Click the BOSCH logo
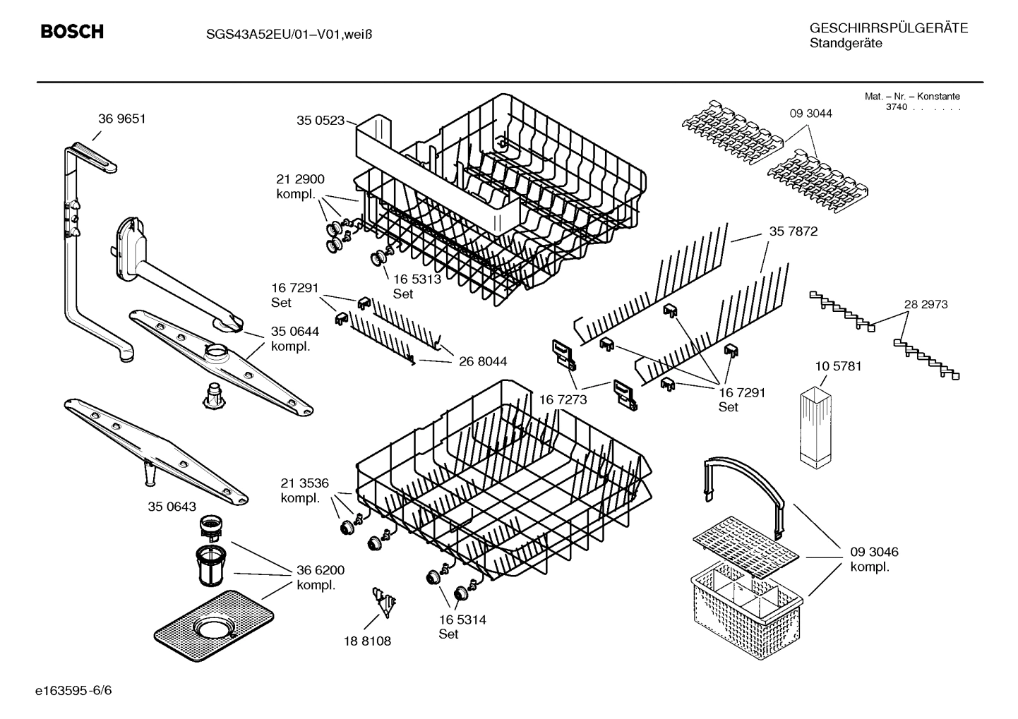pos(72,32)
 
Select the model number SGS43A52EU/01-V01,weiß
pos(280,33)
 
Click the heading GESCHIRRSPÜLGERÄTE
pos(888,28)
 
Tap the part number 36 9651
pos(121,119)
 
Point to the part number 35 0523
pos(320,121)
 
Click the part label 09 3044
pos(810,113)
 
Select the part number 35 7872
pos(793,231)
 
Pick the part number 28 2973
pos(926,304)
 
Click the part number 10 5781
pos(838,366)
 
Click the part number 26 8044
pos(482,361)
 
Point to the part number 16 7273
pos(563,400)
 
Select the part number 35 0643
pos(172,507)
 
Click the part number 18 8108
pos(367,641)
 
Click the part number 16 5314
pos(462,620)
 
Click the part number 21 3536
pos(304,483)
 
